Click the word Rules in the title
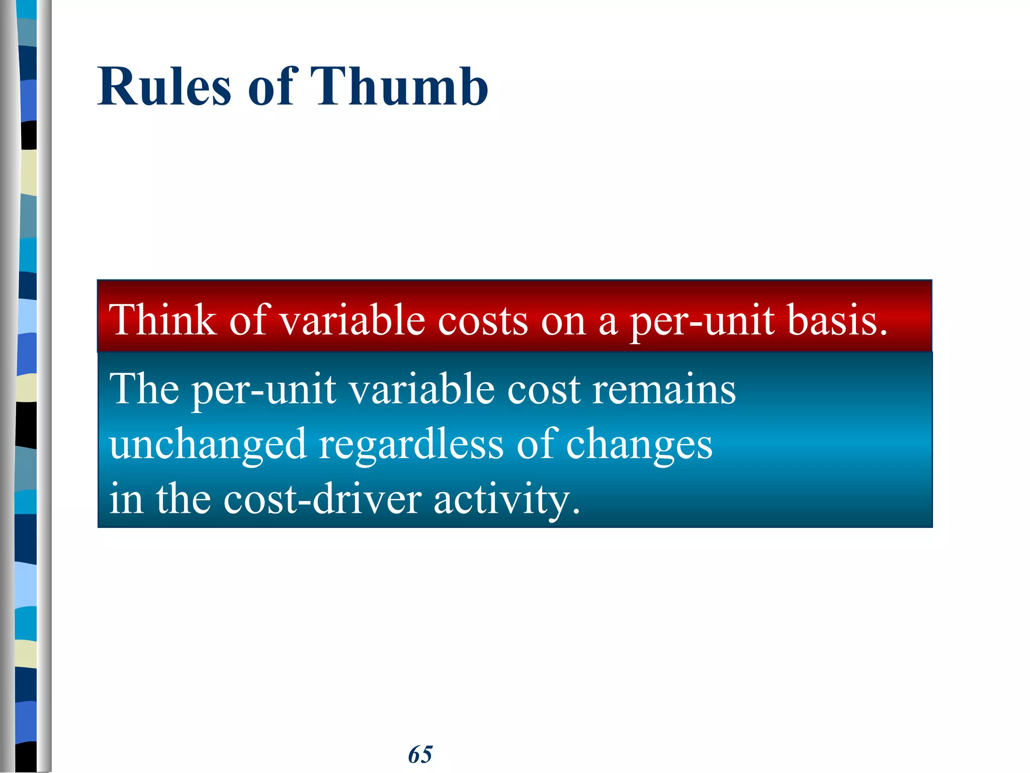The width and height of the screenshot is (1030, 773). [x=164, y=87]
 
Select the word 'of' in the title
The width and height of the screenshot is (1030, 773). [x=271, y=87]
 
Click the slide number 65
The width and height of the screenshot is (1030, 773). [x=420, y=754]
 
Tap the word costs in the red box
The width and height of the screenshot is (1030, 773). [x=483, y=321]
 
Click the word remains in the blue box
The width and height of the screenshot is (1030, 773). [x=664, y=390]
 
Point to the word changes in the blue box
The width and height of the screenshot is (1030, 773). [x=639, y=445]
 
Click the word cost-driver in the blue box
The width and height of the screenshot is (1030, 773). [x=322, y=499]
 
